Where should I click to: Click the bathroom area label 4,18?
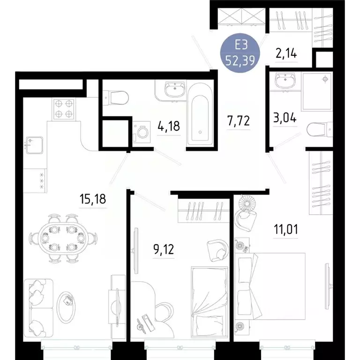pyautogui.click(x=168, y=126)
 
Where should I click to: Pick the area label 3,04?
pyautogui.click(x=285, y=117)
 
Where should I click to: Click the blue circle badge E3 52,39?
pyautogui.click(x=240, y=53)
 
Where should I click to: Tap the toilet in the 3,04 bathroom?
pyautogui.click(x=320, y=128)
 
